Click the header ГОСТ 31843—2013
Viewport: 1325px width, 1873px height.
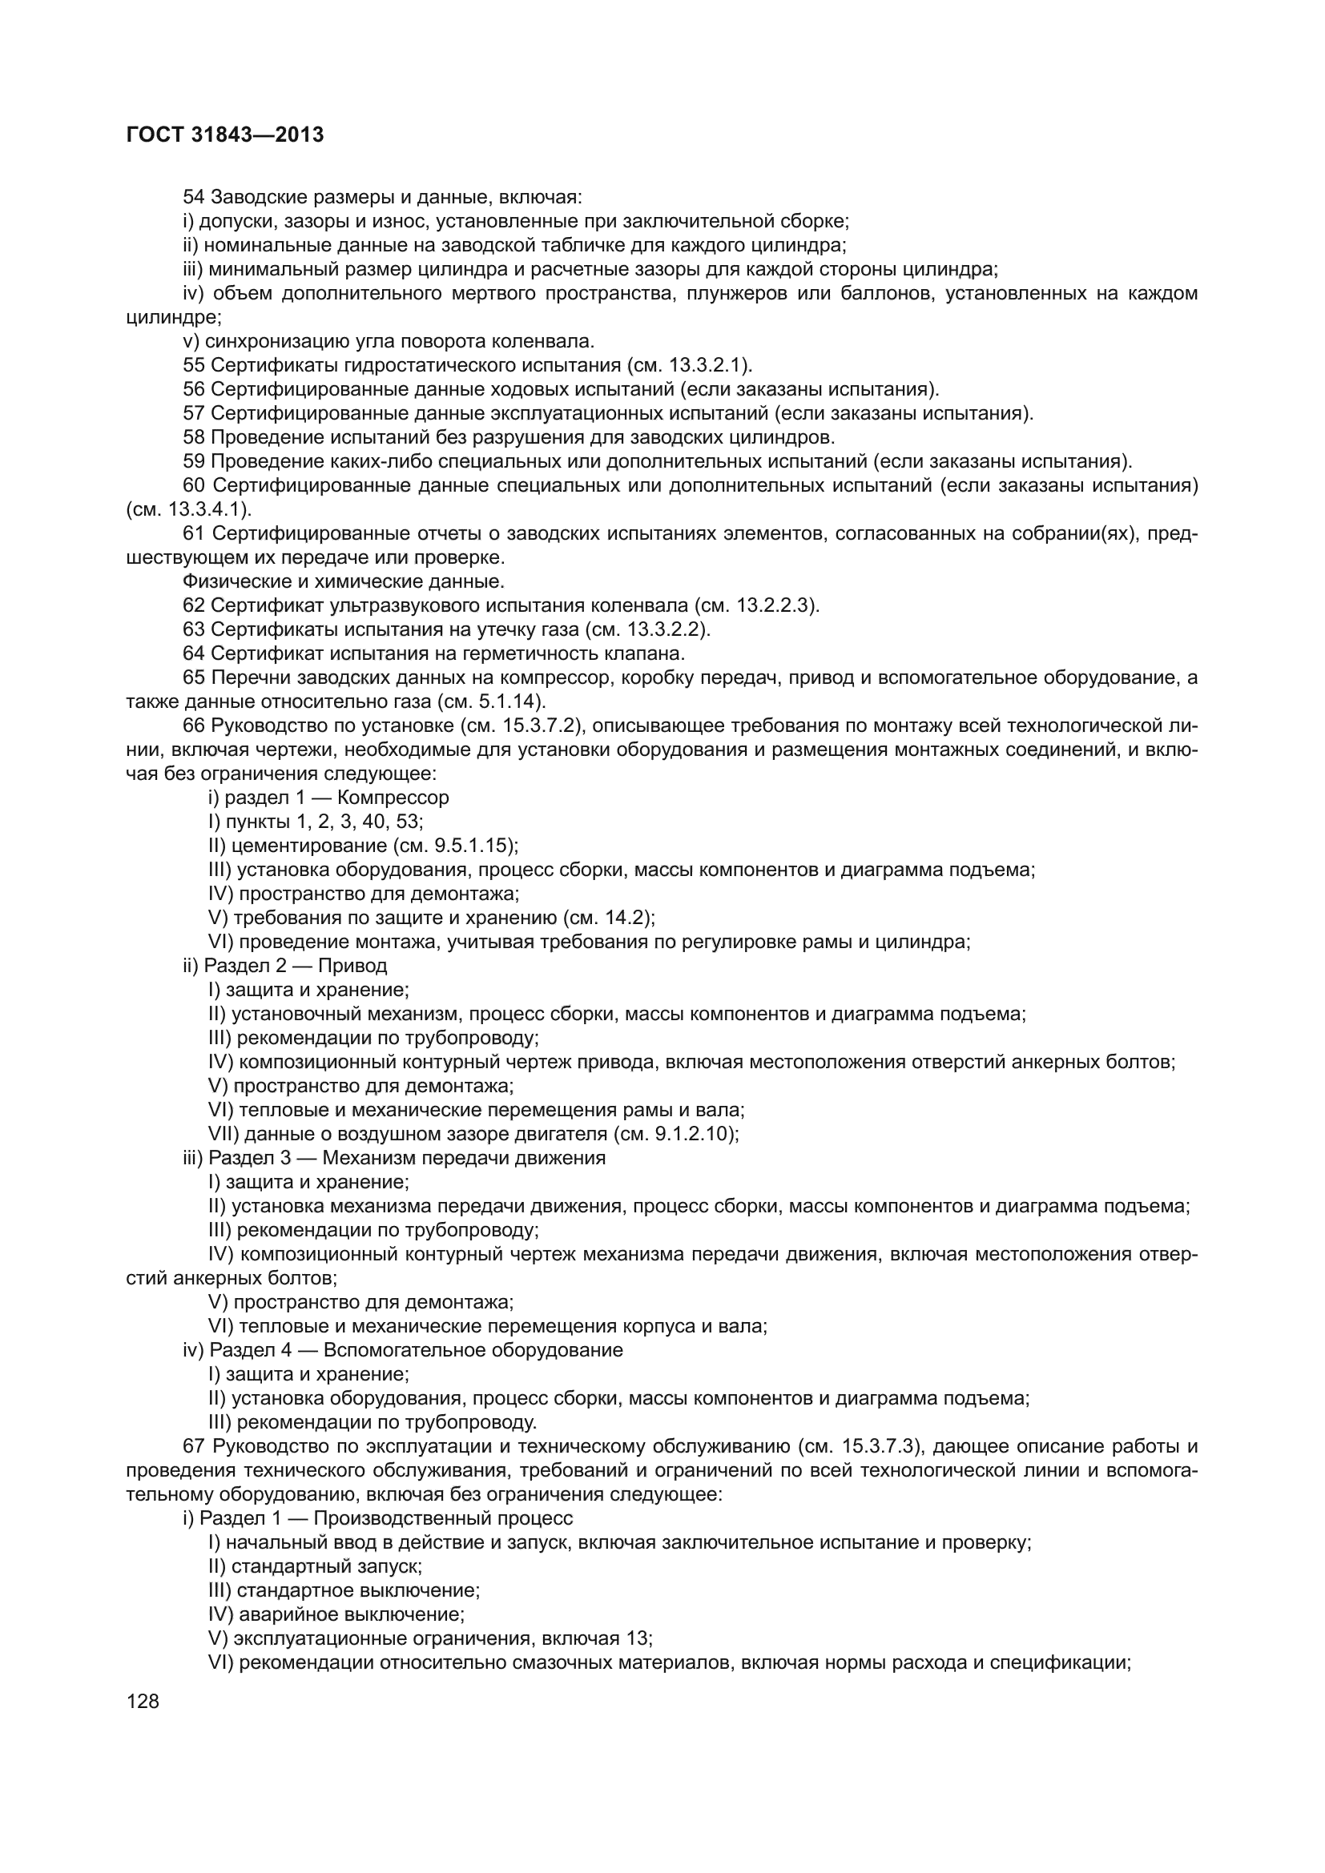coord(225,135)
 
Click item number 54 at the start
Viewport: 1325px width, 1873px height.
coord(193,197)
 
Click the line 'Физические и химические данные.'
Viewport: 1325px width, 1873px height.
coord(344,581)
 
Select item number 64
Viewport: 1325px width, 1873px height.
coord(193,653)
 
